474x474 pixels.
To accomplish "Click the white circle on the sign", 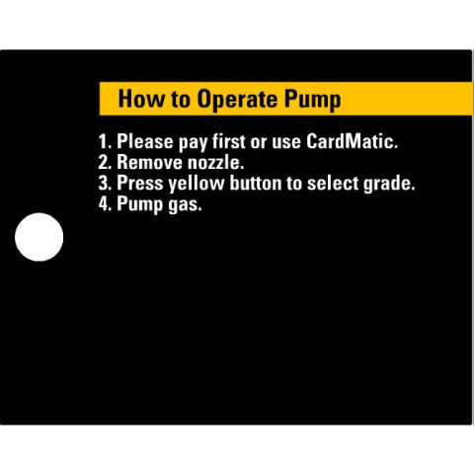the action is click(x=39, y=237).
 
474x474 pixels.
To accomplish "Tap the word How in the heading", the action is click(x=141, y=99).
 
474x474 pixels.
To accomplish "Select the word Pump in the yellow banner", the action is click(x=313, y=99).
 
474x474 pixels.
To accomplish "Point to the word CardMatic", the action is click(x=352, y=141).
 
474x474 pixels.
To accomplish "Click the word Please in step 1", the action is click(x=145, y=141).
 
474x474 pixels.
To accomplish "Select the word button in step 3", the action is click(x=256, y=183).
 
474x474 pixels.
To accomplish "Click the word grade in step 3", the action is click(x=388, y=184).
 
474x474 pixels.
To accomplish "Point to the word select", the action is click(x=332, y=183).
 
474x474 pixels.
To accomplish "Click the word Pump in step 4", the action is click(x=140, y=204).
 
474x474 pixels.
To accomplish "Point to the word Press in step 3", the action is click(x=140, y=183).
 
